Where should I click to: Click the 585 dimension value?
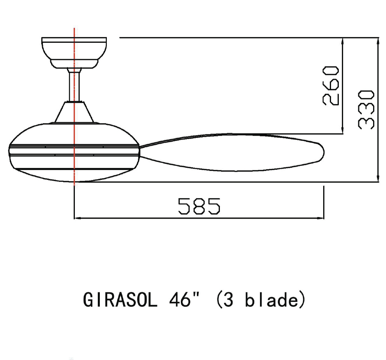pyautogui.click(x=199, y=206)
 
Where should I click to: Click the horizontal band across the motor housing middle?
pyautogui.click(x=74, y=151)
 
